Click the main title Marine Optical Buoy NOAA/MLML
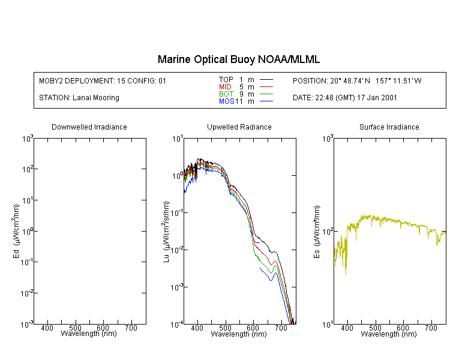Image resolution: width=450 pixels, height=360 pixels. pos(238,59)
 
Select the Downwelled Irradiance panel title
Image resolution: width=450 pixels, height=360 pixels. pos(89,127)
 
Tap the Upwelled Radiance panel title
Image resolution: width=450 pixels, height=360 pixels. pos(239,127)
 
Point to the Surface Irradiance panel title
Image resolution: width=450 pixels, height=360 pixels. pos(389,127)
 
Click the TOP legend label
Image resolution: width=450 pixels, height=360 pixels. pos(226,79)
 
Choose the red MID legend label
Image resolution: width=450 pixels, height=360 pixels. pos(226,87)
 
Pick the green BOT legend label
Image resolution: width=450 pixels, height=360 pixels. pos(226,94)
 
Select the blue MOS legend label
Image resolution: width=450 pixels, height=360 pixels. pos(226,101)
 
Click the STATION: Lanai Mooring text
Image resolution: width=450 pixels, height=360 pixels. pos(79,98)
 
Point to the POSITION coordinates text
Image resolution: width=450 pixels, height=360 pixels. pos(357,80)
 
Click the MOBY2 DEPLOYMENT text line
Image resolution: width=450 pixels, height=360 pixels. pos(103,80)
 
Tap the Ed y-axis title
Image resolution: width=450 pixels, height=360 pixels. pos(16,231)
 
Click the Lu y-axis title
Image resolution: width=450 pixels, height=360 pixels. pos(166,231)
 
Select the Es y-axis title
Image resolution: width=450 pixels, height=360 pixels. pos(316,231)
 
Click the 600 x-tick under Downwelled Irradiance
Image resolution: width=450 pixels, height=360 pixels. pos(103,329)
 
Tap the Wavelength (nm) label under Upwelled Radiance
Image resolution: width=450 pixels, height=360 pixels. pos(239,334)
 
